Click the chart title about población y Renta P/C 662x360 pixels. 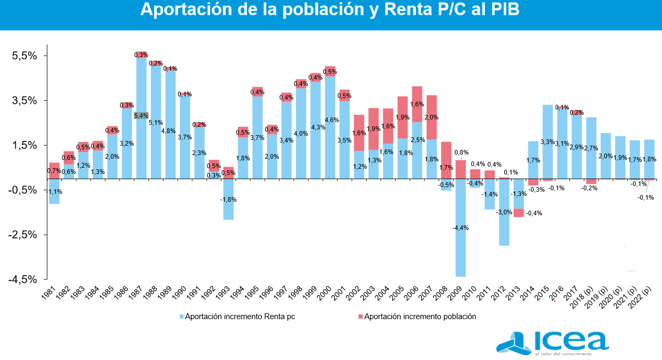click(330, 10)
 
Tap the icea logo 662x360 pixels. click(552, 343)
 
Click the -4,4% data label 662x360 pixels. click(461, 228)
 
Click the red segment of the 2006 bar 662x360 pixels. click(417, 104)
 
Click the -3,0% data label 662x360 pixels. click(504, 212)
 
